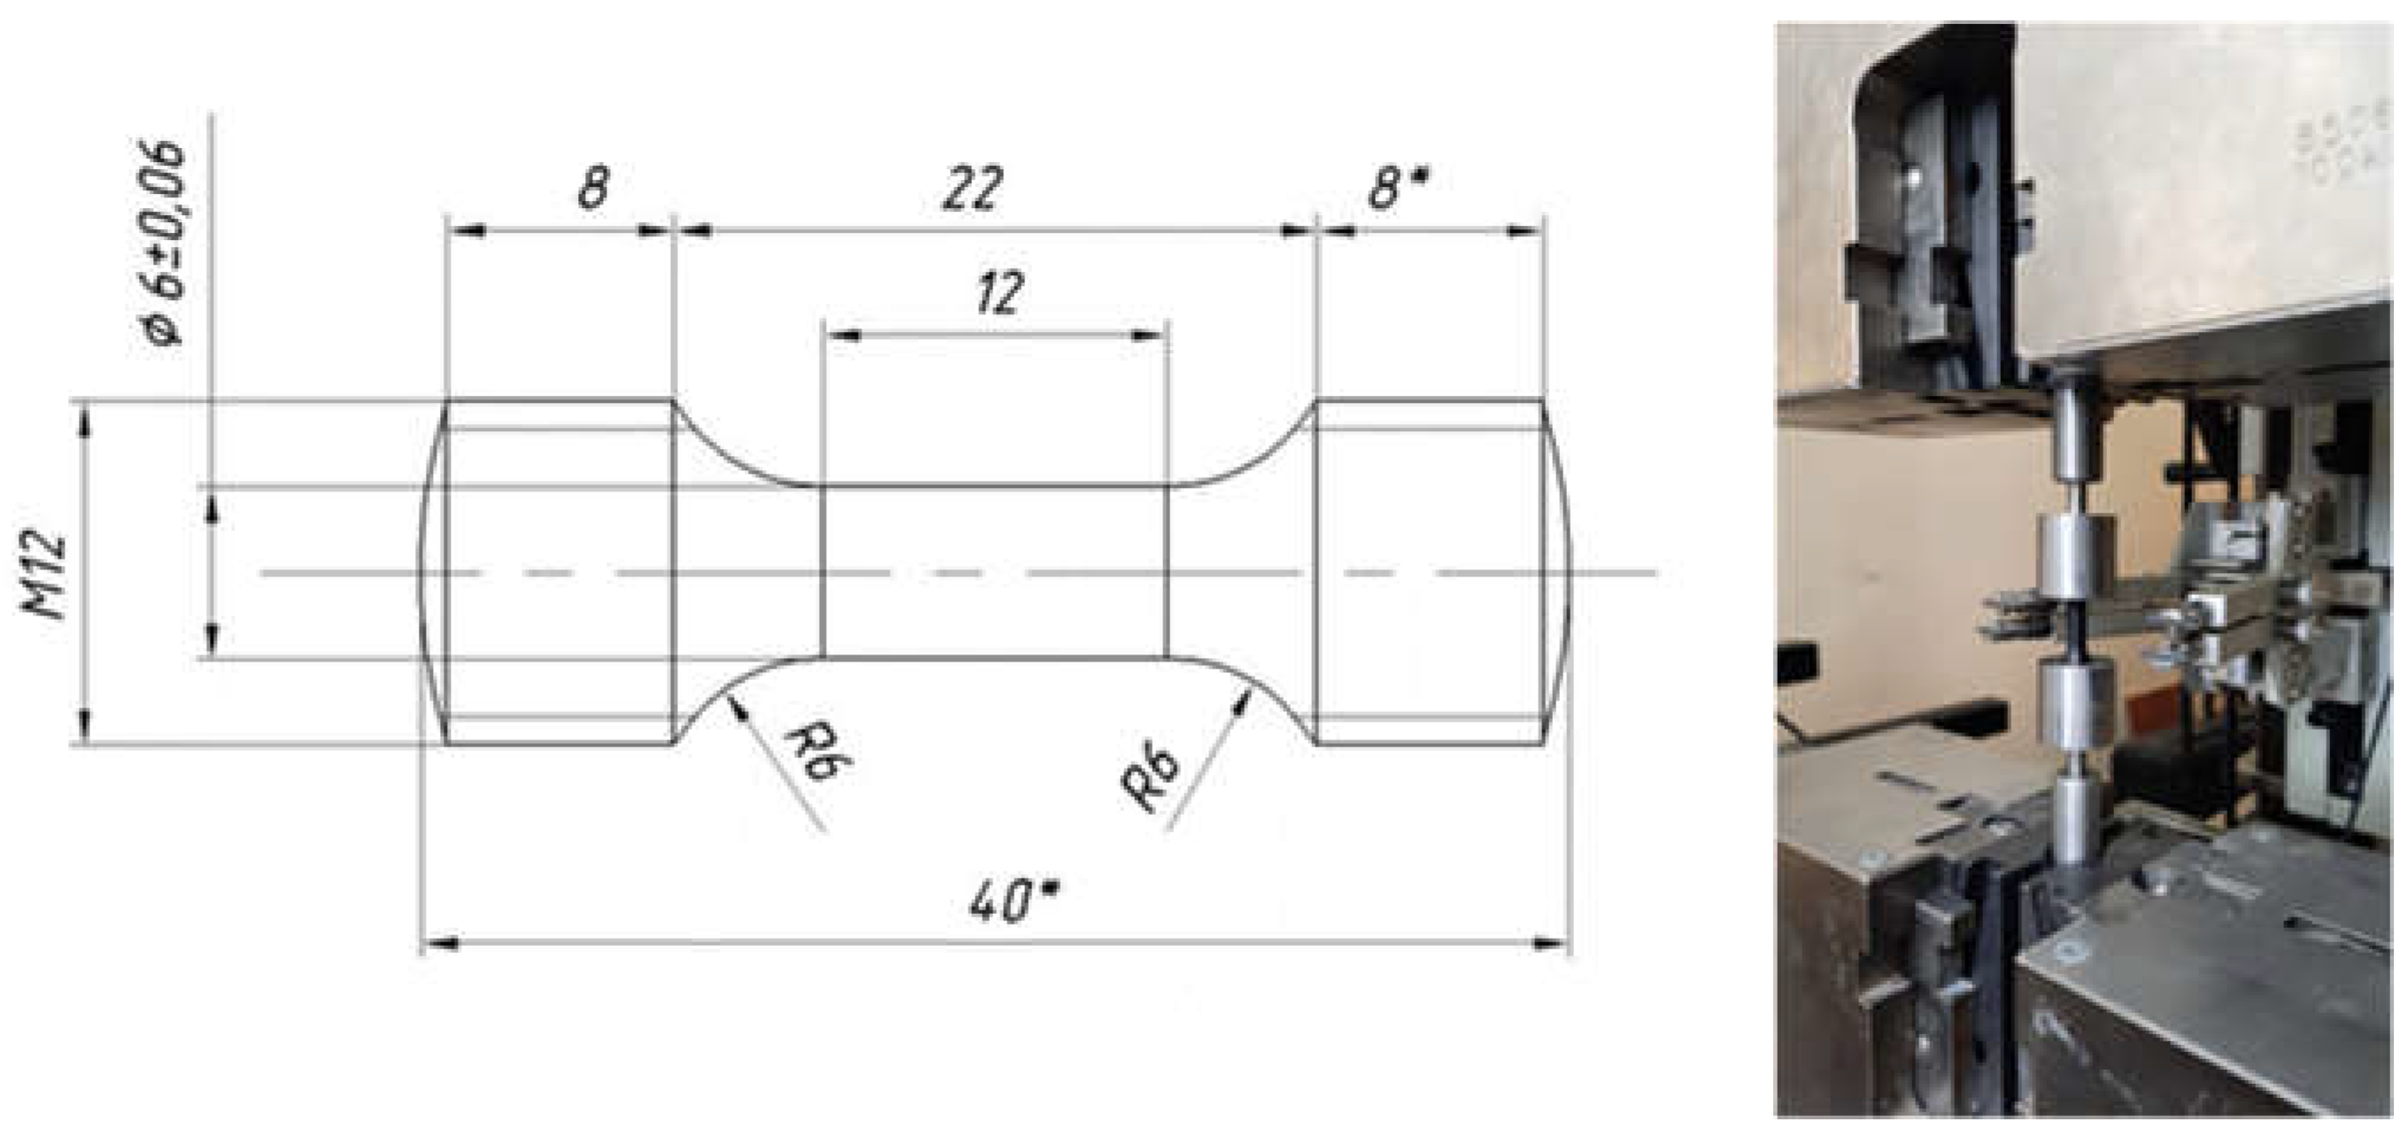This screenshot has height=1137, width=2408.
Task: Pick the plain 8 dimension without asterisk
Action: [x=592, y=188]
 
